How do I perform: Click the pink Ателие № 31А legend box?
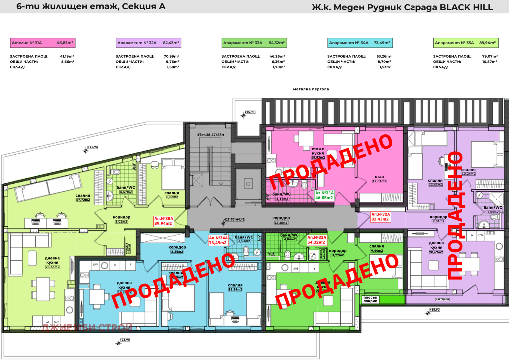coord(42,43)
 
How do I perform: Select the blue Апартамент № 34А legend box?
coord(360,43)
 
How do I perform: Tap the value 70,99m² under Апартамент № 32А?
coord(171,56)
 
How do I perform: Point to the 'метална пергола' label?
coord(311,89)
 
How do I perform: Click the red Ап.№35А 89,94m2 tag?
coord(164,221)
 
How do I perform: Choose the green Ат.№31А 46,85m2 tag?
coord(324,195)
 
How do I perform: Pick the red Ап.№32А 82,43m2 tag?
coord(380,217)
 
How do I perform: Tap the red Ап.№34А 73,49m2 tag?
coord(218,240)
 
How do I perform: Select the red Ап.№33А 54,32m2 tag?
coord(317,240)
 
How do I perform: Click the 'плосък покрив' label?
coord(370,299)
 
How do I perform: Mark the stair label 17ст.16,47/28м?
coord(210,135)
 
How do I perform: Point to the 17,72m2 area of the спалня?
coord(83,200)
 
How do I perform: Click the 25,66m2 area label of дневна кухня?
coord(52,267)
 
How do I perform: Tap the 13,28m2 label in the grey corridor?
coord(281,223)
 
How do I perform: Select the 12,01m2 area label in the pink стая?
coord(379,181)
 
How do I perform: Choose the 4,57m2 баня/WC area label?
coord(126,192)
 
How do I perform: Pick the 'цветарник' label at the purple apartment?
coord(442,299)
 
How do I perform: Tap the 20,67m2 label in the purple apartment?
coord(436,252)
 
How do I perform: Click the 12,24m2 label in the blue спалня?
coord(235,289)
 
